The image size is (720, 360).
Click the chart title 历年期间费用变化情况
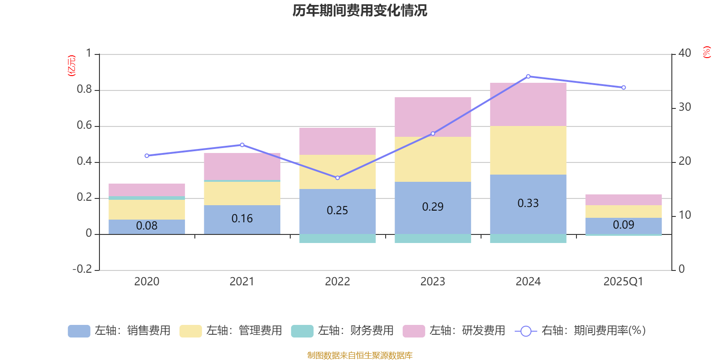pyautogui.click(x=360, y=10)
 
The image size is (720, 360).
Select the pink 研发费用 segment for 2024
pyautogui.click(x=528, y=104)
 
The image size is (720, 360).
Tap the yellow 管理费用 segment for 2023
pyautogui.click(x=432, y=159)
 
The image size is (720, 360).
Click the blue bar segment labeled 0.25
pyautogui.click(x=337, y=211)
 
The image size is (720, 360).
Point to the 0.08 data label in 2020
pyautogui.click(x=147, y=226)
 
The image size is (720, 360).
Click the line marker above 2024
pyautogui.click(x=528, y=76)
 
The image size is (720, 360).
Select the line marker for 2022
pyautogui.click(x=337, y=178)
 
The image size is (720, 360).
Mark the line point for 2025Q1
pyautogui.click(x=623, y=87)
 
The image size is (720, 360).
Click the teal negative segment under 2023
pyautogui.click(x=432, y=238)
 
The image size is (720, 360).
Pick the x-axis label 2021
pyautogui.click(x=242, y=282)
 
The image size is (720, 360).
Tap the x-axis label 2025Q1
pyautogui.click(x=623, y=282)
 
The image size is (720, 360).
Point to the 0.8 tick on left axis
pyautogui.click(x=84, y=90)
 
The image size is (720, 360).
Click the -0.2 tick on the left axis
pyautogui.click(x=82, y=269)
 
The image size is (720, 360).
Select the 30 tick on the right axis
pyautogui.click(x=684, y=107)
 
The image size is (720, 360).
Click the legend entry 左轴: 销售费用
pyautogui.click(x=120, y=331)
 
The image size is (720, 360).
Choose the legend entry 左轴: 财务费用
pyautogui.click(x=343, y=331)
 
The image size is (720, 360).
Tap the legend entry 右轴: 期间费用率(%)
pyautogui.click(x=580, y=331)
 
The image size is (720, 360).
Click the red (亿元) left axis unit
pyautogui.click(x=72, y=66)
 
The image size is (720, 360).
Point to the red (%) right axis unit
pyautogui.click(x=706, y=52)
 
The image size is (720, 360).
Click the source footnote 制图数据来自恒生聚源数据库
pyautogui.click(x=360, y=355)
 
